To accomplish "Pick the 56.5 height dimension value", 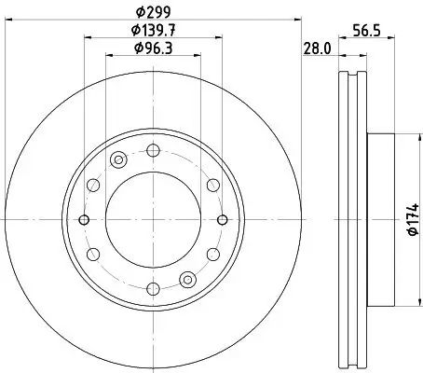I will (363, 30).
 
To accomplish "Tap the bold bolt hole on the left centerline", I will (84, 220).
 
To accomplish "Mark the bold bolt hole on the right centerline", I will (222, 220).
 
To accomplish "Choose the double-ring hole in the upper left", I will (118, 160).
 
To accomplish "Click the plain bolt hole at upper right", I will (213, 186).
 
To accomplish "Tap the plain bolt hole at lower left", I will (92, 255).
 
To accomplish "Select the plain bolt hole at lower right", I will (213, 255).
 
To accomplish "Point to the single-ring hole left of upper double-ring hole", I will (92, 186).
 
